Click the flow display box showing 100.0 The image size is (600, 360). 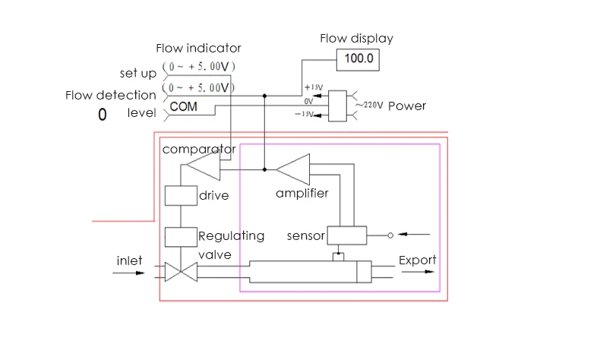(x=359, y=59)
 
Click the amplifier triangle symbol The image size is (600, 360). (x=294, y=165)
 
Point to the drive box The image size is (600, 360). (x=181, y=195)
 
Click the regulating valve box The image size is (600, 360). (x=181, y=236)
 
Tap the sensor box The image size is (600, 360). (x=346, y=235)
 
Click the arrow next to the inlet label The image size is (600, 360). (x=128, y=272)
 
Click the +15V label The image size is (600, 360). (x=314, y=87)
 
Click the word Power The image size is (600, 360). (x=407, y=106)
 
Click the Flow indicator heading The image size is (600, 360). (x=198, y=49)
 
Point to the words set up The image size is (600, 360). (x=138, y=74)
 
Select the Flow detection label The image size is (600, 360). (x=111, y=95)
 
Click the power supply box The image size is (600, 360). (x=337, y=106)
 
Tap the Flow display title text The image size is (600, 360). (x=356, y=38)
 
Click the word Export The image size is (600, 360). (x=418, y=261)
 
